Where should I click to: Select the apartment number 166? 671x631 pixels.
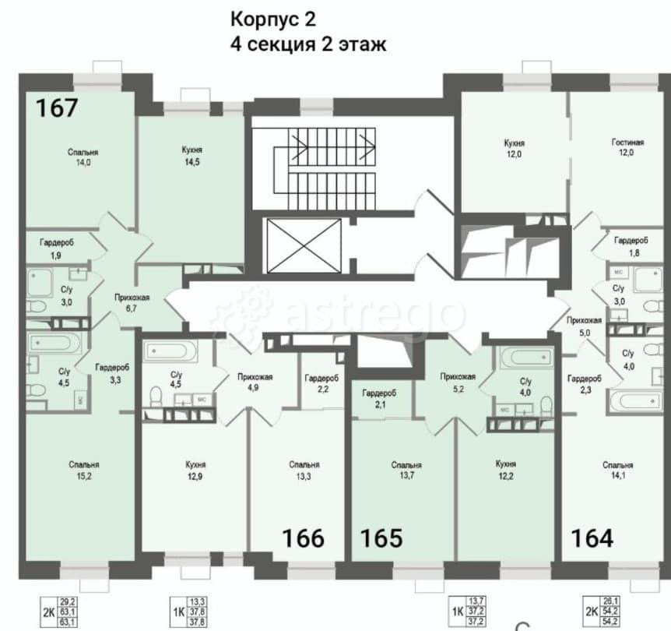point(302,538)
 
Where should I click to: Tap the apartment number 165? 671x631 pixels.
point(381,538)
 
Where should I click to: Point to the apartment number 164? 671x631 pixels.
point(592,538)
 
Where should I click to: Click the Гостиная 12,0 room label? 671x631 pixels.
point(627,148)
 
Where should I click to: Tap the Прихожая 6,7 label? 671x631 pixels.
point(132,302)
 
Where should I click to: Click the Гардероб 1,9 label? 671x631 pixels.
point(57,248)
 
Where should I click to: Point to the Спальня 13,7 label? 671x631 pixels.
point(406,470)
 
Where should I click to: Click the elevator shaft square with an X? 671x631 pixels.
point(304,246)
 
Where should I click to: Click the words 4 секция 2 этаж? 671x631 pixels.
point(308,44)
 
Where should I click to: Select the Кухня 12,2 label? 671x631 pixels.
point(506,470)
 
